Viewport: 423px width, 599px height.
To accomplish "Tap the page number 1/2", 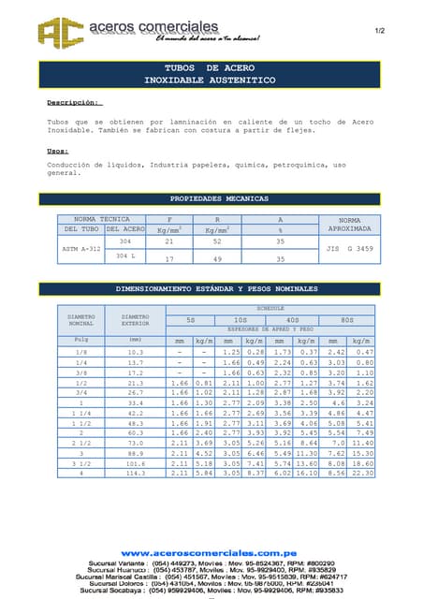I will click(380, 31).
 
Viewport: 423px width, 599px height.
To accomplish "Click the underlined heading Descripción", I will click(74, 102).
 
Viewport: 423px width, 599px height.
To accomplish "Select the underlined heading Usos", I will click(57, 151).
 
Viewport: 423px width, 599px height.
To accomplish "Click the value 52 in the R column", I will click(218, 241).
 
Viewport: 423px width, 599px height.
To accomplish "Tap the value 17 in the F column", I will click(169, 258).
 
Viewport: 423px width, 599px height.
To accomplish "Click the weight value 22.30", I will click(365, 473).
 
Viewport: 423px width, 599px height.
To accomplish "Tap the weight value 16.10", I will click(309, 473).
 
